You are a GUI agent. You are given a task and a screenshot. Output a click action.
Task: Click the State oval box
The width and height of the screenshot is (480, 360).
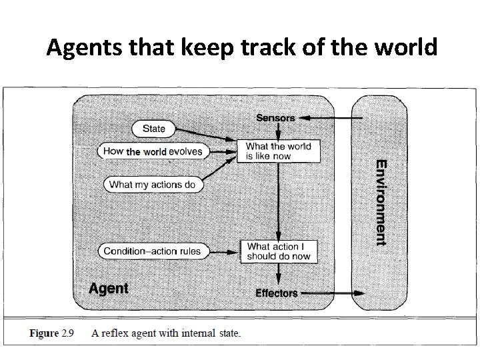tap(153, 128)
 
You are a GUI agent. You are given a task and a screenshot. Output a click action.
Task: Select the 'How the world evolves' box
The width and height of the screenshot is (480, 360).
tap(153, 151)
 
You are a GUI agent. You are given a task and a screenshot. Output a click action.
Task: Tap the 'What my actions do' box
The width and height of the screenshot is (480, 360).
tap(154, 184)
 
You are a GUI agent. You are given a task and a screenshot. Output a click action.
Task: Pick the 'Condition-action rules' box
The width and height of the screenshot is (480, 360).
tap(153, 251)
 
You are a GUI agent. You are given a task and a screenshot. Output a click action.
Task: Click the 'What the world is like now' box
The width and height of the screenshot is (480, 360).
tap(277, 151)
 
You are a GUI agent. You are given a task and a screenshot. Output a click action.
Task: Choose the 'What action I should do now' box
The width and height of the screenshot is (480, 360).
tap(279, 251)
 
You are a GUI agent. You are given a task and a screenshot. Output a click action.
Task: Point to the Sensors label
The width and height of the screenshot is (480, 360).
tap(275, 118)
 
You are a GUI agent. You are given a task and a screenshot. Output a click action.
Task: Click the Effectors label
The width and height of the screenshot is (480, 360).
tap(277, 293)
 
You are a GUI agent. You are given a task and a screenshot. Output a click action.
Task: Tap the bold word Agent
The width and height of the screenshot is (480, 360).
tap(109, 289)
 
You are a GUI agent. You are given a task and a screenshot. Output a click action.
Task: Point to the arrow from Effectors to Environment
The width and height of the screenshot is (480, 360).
tap(332, 293)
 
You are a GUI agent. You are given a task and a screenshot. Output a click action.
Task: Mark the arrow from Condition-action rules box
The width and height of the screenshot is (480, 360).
tap(224, 251)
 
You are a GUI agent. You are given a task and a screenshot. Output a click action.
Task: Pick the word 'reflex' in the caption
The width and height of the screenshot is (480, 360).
tap(133, 333)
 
